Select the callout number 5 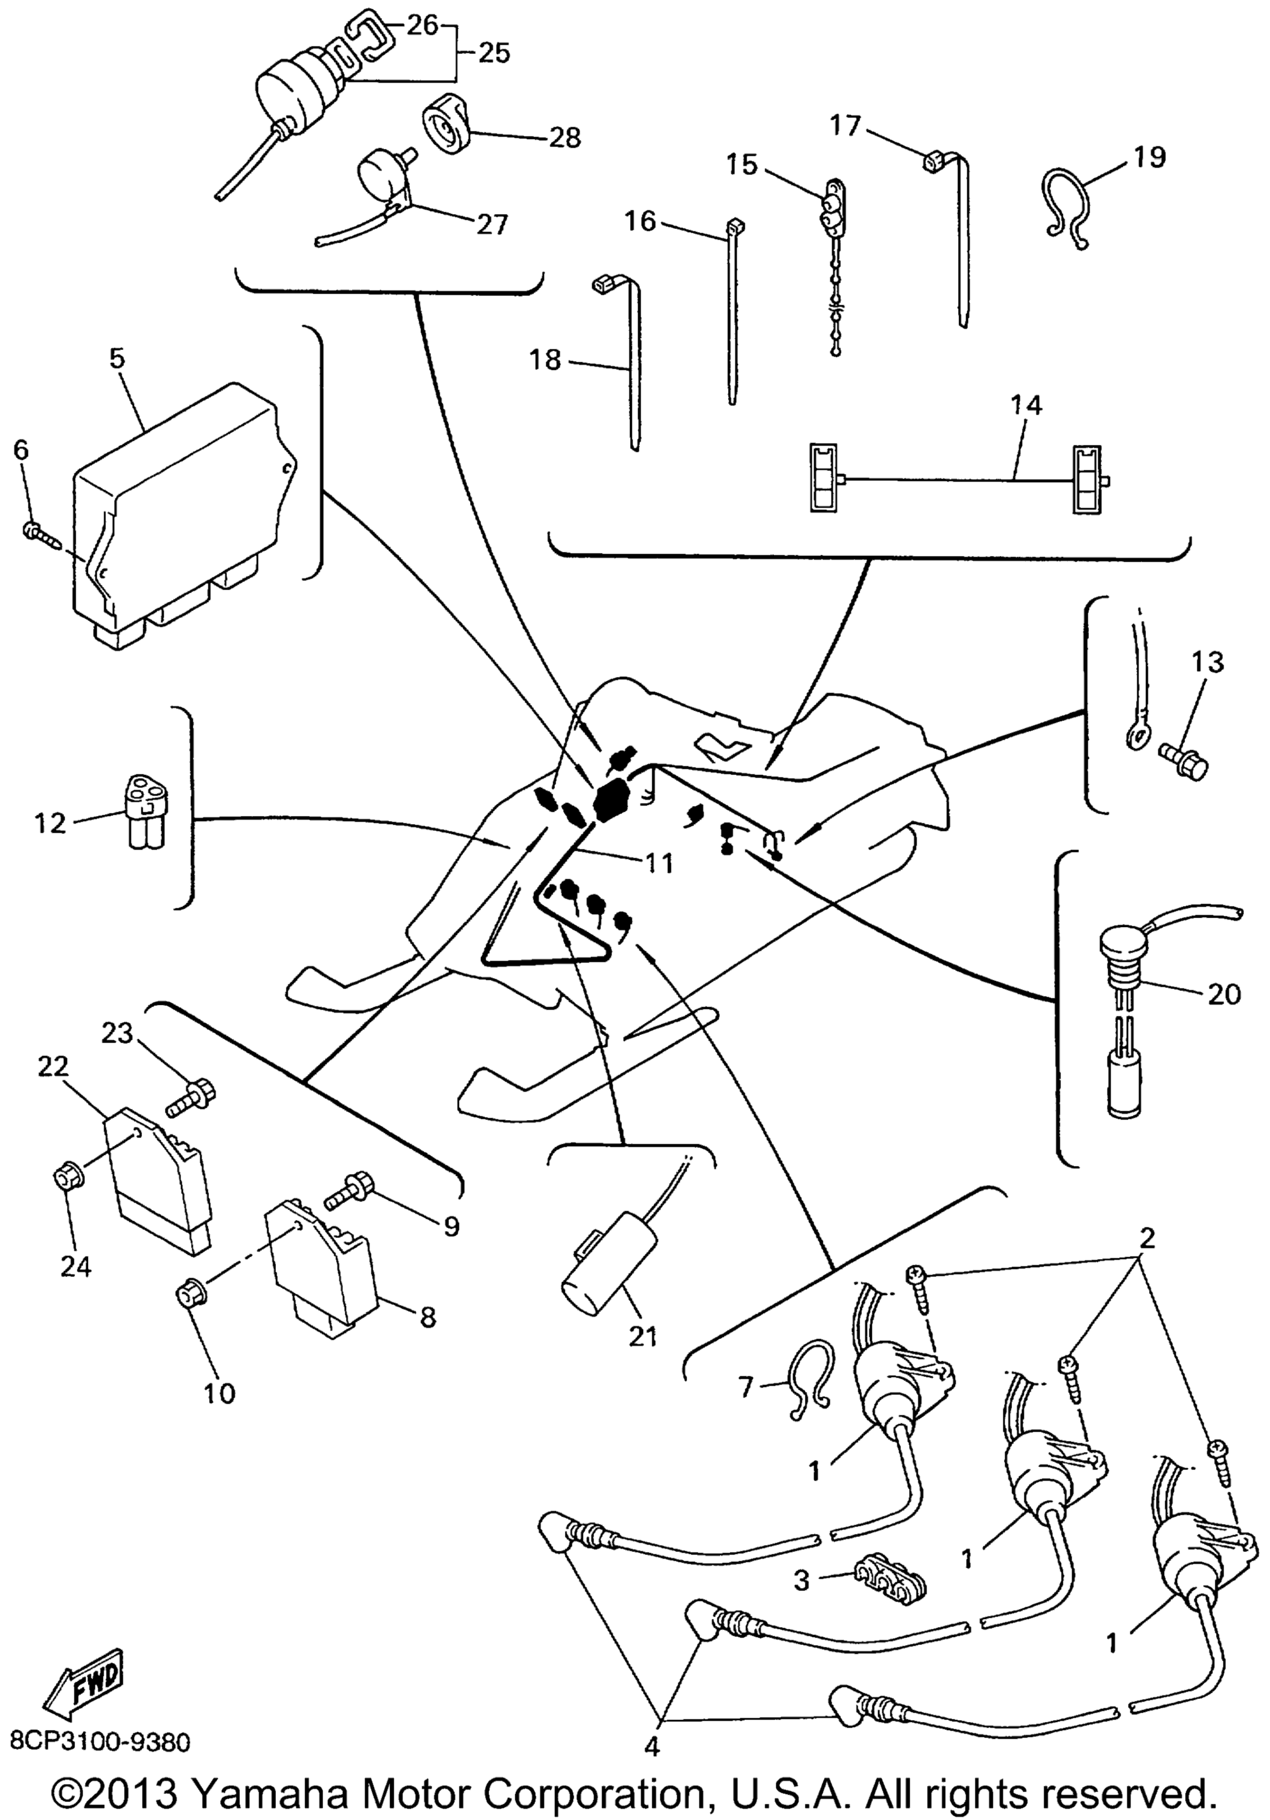pos(117,358)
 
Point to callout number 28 pos(565,137)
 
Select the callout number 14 pos(1026,405)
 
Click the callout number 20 pos(1224,993)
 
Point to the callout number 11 pos(659,863)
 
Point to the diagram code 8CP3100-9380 pos(100,1742)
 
